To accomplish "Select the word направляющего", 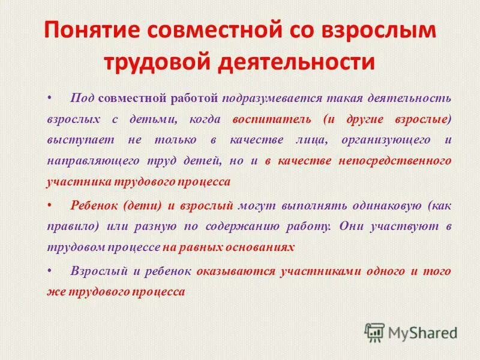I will (89, 161).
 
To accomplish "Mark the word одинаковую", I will (381, 205).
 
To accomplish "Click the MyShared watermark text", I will (423, 332).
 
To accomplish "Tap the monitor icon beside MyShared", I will (375, 332).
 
